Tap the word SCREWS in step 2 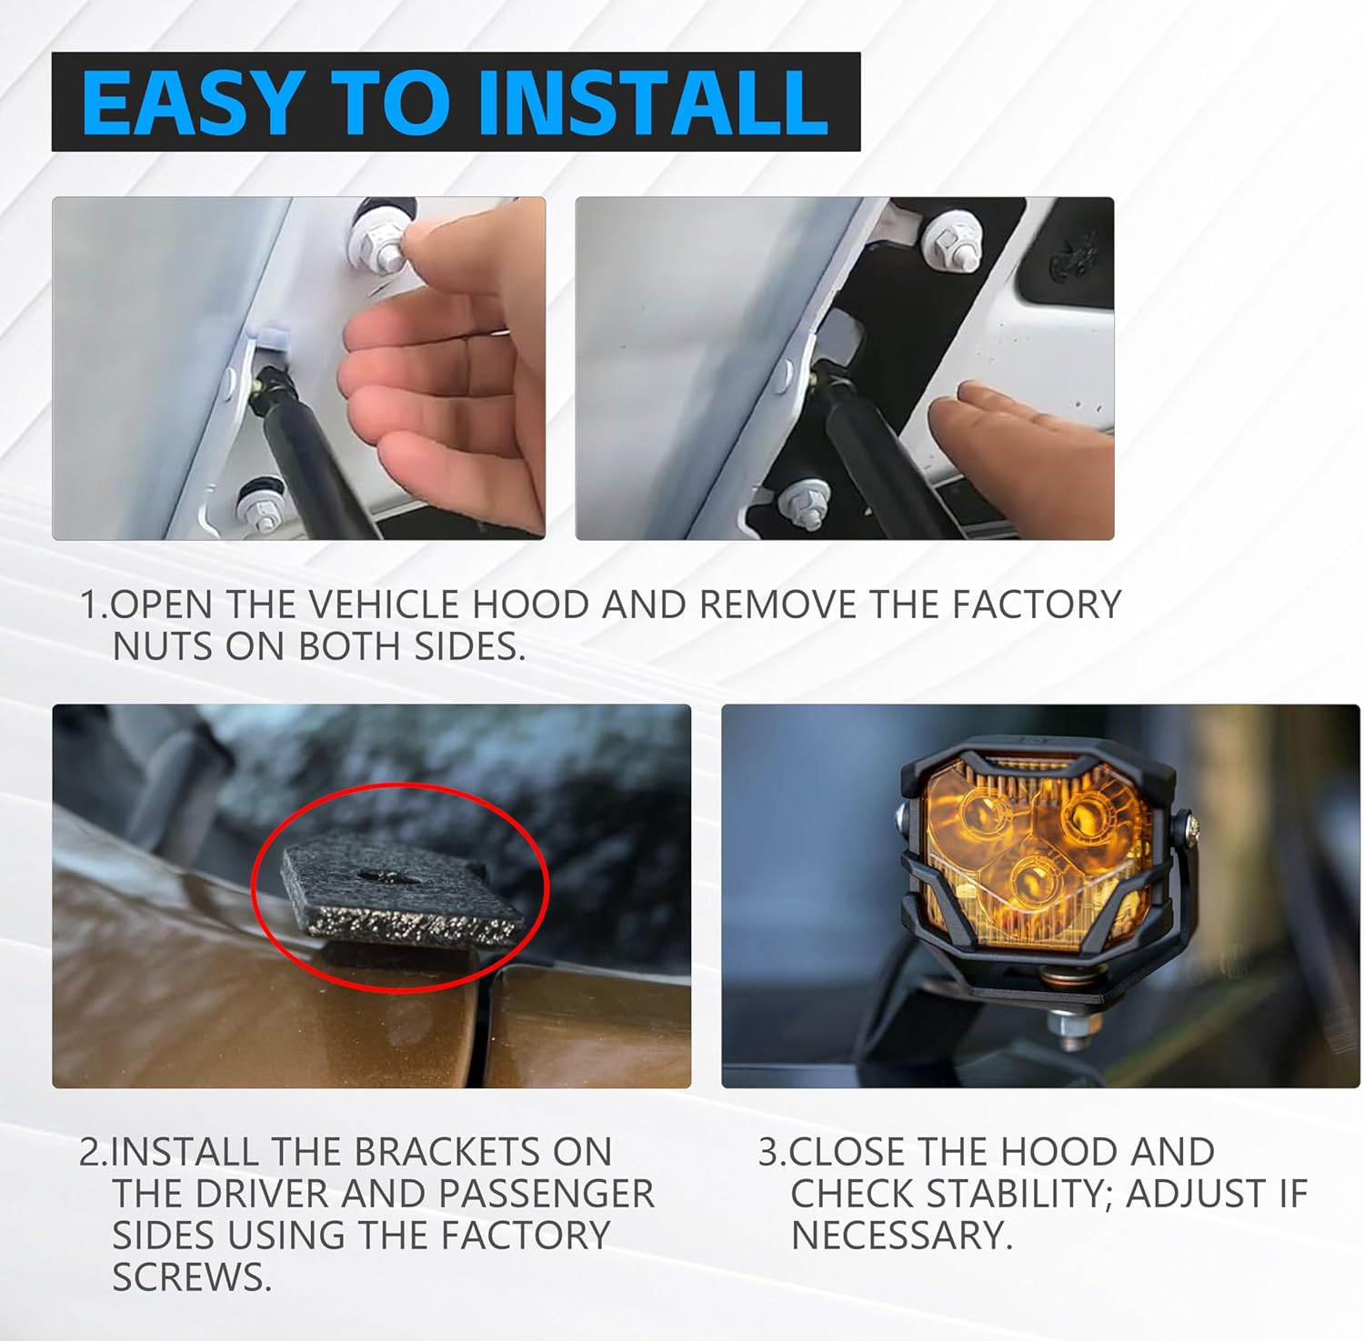click(x=192, y=1277)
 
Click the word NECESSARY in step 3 click(x=901, y=1236)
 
